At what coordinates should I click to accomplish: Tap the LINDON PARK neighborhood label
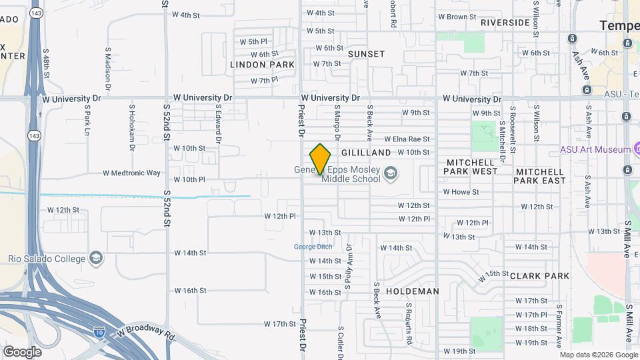pyautogui.click(x=262, y=65)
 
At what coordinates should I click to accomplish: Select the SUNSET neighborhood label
pyautogui.click(x=366, y=54)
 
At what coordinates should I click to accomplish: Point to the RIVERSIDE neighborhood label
pyautogui.click(x=505, y=22)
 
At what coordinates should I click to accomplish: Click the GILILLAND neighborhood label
pyautogui.click(x=366, y=153)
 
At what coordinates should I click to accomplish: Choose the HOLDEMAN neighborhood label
pyautogui.click(x=413, y=291)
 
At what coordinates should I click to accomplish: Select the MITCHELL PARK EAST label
pyautogui.click(x=540, y=176)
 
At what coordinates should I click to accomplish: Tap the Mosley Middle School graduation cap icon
pyautogui.click(x=390, y=175)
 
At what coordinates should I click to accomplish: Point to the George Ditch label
pyautogui.click(x=313, y=247)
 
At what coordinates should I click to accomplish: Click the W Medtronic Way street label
pyautogui.click(x=131, y=173)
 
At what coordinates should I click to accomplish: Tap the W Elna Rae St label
pyautogui.click(x=407, y=139)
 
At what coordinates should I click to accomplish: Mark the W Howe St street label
pyautogui.click(x=461, y=192)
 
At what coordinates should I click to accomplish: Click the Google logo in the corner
pyautogui.click(x=22, y=351)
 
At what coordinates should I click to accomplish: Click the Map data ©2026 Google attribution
pyautogui.click(x=599, y=355)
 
